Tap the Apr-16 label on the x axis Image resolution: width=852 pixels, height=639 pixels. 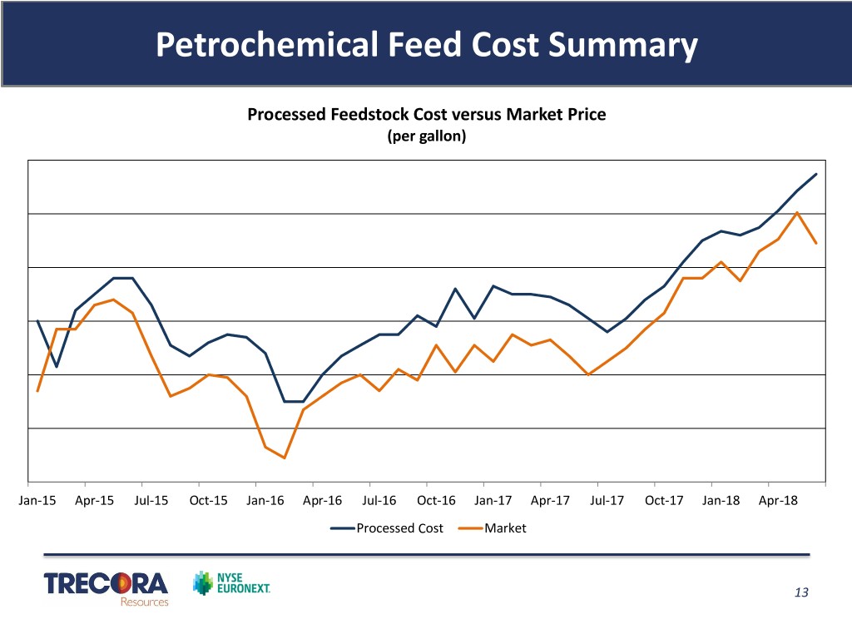[x=322, y=501]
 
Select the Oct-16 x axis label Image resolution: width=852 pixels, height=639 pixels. [x=436, y=501]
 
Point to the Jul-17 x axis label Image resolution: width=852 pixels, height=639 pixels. [x=607, y=501]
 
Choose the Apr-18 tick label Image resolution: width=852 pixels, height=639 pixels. [x=777, y=501]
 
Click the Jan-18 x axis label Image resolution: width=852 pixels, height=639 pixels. [x=721, y=501]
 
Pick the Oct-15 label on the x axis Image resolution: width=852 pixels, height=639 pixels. [x=208, y=501]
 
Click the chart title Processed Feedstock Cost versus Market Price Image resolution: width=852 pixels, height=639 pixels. [x=426, y=115]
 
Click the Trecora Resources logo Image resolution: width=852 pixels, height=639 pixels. [x=106, y=587]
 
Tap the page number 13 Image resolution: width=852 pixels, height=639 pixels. [x=801, y=592]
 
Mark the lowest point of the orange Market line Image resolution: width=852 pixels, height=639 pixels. [x=285, y=458]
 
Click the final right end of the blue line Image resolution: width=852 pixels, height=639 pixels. [x=816, y=174]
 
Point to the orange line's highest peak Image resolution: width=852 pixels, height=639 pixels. [x=798, y=212]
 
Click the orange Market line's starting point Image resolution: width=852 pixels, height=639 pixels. [x=38, y=390]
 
